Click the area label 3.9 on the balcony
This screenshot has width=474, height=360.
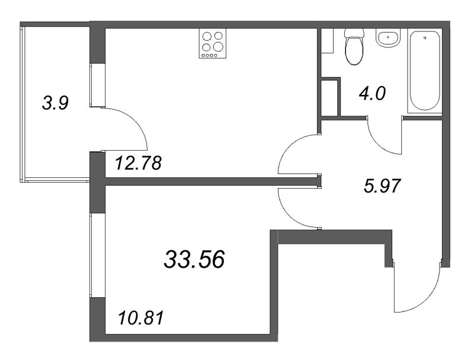click(x=56, y=103)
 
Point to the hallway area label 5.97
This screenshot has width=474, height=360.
click(x=383, y=186)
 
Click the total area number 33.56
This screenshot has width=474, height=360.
click(x=194, y=259)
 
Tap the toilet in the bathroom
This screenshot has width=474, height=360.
click(x=355, y=49)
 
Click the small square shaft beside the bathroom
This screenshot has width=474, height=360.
click(x=329, y=97)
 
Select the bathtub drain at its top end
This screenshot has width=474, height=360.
click(x=425, y=38)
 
